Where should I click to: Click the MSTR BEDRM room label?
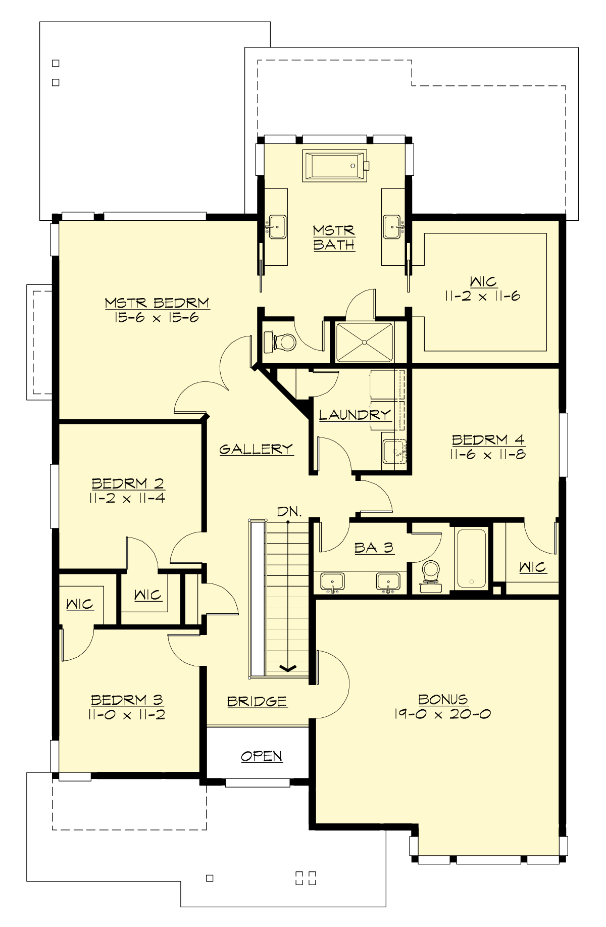(157, 303)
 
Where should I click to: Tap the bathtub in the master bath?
(335, 166)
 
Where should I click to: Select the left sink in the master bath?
(277, 226)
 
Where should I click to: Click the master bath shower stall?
(364, 343)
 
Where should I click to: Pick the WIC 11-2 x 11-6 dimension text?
(482, 296)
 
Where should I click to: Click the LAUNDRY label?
(355, 415)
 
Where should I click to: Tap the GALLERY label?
(256, 449)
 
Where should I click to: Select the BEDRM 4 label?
(488, 440)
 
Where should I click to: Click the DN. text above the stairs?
(289, 511)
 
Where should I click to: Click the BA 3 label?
(374, 548)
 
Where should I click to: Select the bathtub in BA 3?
(471, 558)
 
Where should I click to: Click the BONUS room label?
(443, 699)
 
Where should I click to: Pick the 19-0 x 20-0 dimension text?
(442, 714)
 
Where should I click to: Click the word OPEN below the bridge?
(262, 756)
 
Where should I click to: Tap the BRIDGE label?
(257, 701)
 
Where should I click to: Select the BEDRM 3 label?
(127, 700)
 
